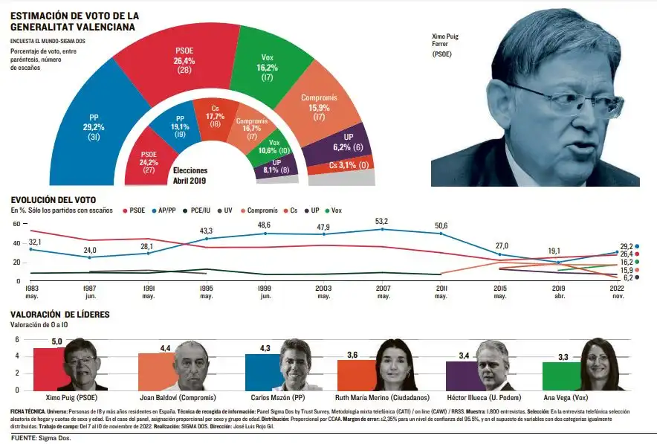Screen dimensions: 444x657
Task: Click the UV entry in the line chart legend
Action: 224,210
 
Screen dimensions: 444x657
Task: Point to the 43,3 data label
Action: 206,231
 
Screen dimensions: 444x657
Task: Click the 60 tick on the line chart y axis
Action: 16,243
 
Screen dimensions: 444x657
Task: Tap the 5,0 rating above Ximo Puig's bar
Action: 56,341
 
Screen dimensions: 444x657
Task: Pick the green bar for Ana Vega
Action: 561,375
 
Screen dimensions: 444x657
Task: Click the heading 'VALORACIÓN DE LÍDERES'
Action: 59,315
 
